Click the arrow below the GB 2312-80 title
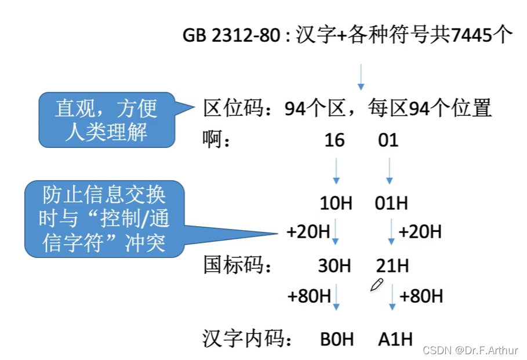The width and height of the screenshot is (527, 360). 361,77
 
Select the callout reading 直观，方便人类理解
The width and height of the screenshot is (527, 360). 107,119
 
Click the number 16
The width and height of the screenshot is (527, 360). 335,140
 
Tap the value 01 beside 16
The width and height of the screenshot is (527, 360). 388,140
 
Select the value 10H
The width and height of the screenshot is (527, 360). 336,203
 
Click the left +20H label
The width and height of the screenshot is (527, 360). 308,232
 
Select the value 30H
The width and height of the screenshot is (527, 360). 335,266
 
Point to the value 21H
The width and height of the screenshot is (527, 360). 392,266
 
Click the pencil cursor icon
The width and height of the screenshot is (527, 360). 377,285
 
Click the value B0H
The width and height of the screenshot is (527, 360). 337,339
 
